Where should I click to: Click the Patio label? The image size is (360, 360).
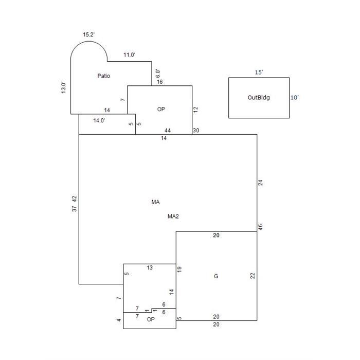(x=103, y=76)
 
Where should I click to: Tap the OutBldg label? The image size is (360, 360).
(x=259, y=97)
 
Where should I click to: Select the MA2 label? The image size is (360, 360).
(x=173, y=217)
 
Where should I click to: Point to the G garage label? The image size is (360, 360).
(x=216, y=276)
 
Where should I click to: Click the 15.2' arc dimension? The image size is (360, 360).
(x=89, y=34)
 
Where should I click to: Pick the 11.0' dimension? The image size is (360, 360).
(x=129, y=55)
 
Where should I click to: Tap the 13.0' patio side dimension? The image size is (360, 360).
(x=63, y=87)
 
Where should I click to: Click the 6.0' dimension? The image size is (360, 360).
(x=158, y=74)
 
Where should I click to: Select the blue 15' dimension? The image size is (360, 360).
(x=259, y=73)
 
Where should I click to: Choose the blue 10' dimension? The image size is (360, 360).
(x=295, y=98)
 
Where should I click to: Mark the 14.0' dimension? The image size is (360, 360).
(x=99, y=120)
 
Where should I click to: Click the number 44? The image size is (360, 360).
(x=168, y=131)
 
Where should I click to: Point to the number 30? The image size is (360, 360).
(x=196, y=131)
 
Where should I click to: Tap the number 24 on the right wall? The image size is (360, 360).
(x=260, y=183)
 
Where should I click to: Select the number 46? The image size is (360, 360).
(x=260, y=227)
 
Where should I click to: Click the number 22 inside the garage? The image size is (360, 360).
(x=253, y=276)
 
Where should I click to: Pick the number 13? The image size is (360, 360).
(x=150, y=268)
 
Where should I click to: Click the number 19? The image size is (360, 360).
(x=179, y=269)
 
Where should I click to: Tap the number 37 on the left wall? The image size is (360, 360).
(x=75, y=209)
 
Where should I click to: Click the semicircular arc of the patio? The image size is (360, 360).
(x=89, y=41)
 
